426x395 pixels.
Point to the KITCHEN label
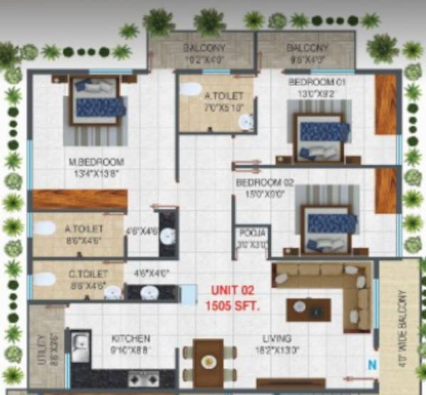coord(131,339)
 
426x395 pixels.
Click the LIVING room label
coord(273,339)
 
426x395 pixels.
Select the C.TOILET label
coord(87,273)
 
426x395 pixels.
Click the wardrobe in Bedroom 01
coord(386,104)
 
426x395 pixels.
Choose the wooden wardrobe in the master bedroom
coord(79,200)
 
